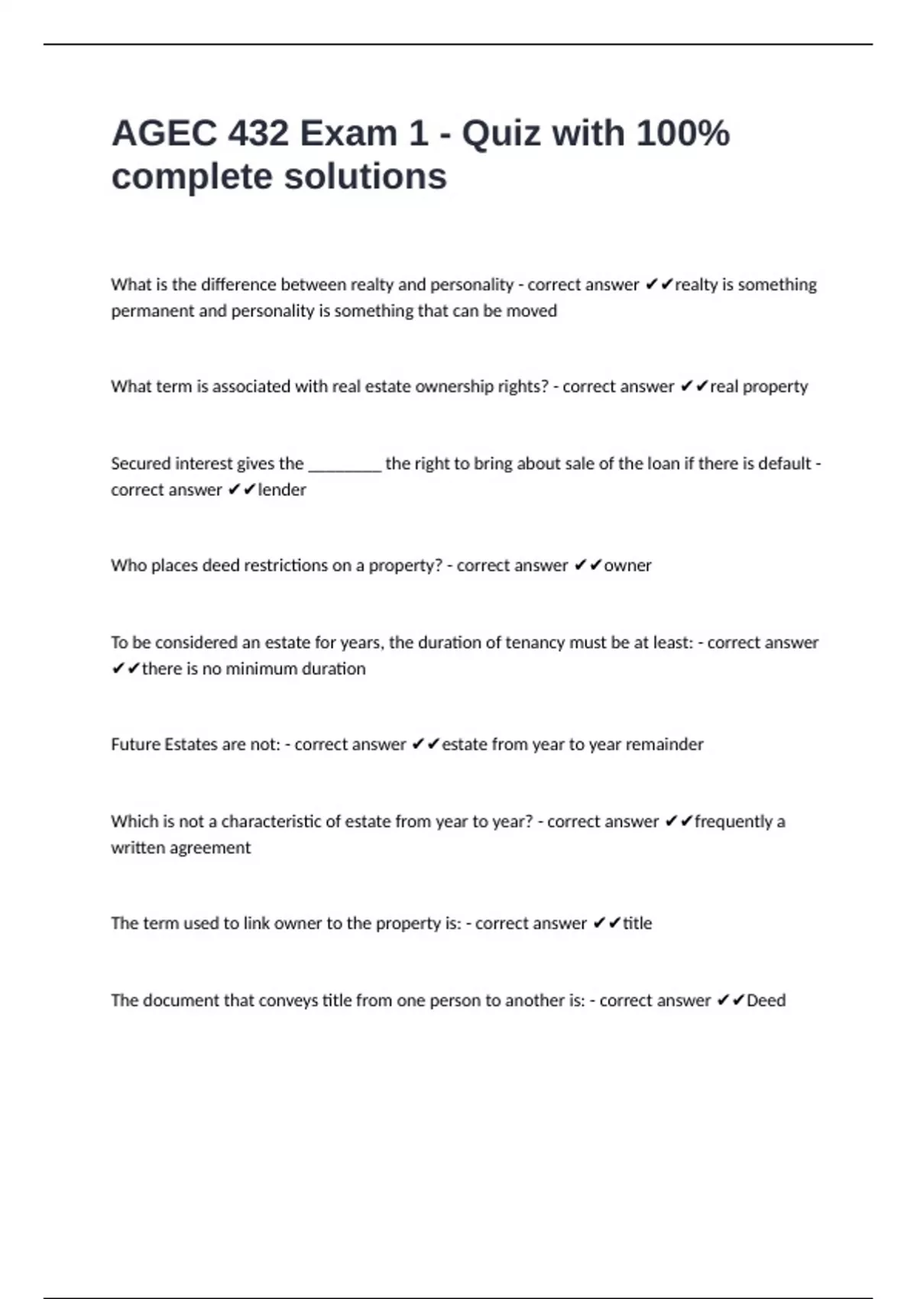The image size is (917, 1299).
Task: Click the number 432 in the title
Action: (258, 134)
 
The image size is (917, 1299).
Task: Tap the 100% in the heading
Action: (682, 134)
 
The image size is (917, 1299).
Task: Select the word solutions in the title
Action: (365, 177)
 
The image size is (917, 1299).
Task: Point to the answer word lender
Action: (282, 490)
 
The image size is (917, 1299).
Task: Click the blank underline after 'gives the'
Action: (344, 465)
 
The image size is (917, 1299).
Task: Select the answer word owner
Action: (627, 565)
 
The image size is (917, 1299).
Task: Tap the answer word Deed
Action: (766, 1000)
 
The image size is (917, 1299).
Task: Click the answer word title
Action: (637, 923)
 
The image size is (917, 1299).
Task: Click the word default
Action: (785, 464)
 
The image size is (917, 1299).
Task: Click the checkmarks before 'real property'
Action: (694, 387)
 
